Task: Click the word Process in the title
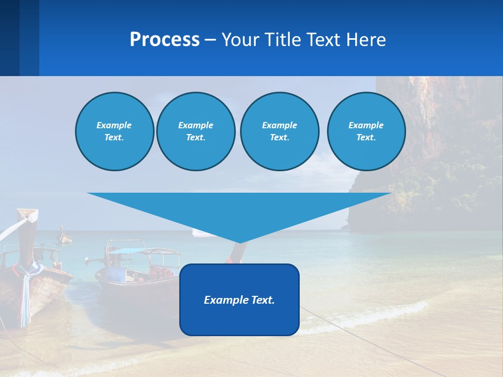pos(165,40)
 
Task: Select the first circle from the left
pos(114,131)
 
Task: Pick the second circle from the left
pos(196,131)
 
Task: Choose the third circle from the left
pos(279,131)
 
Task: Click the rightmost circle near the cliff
pos(366,131)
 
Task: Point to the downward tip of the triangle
pos(240,241)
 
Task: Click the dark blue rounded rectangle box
pos(239,319)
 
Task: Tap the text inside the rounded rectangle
pos(239,300)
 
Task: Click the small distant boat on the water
pos(65,237)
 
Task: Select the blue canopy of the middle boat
pos(126,251)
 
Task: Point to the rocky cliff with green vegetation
pos(435,157)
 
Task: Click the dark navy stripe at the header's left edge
pos(9,38)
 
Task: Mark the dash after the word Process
pos(211,40)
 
